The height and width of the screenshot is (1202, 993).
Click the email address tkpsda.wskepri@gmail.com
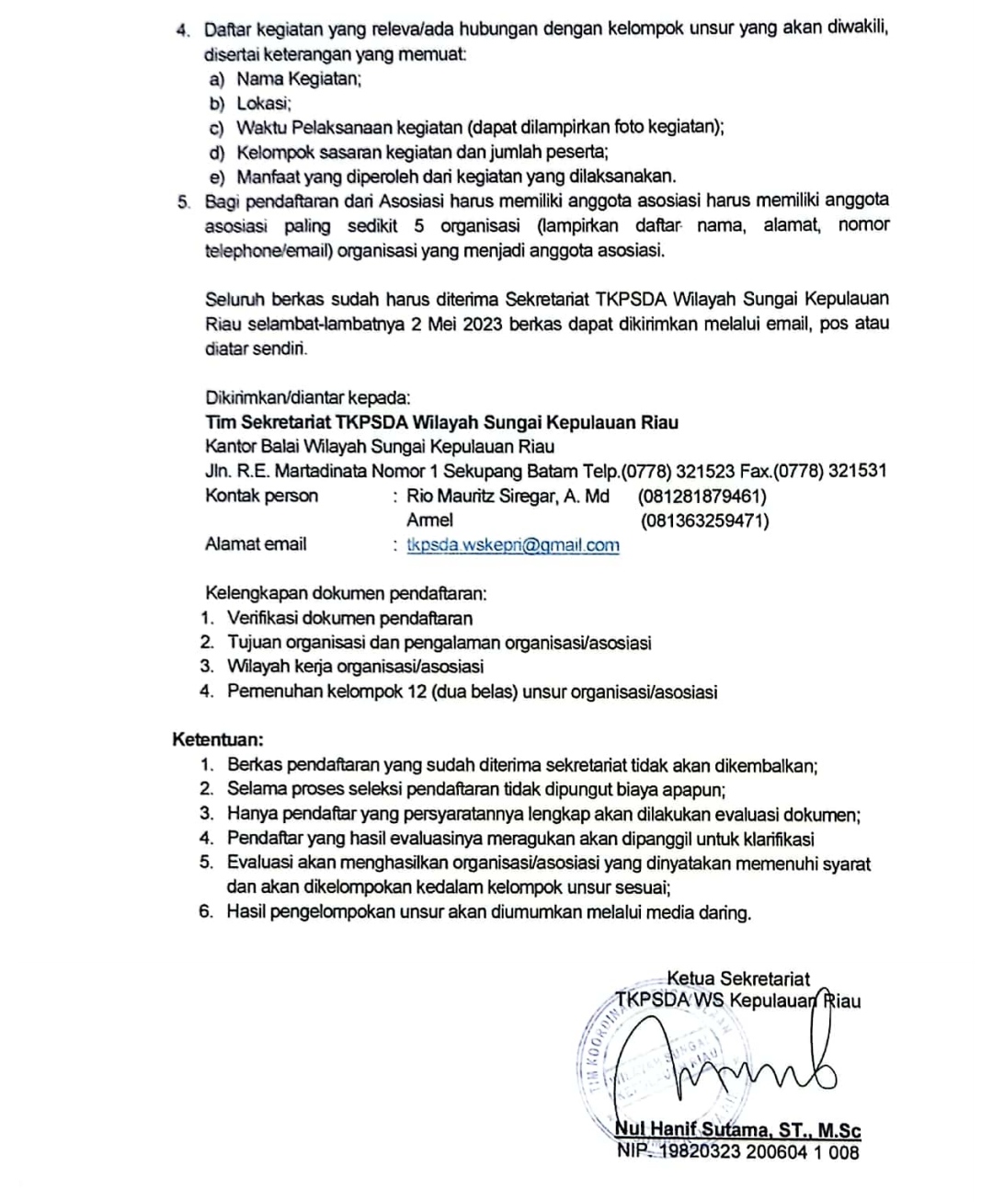click(x=513, y=545)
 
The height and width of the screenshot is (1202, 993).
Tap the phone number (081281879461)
click(x=702, y=497)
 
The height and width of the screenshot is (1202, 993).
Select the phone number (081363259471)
click(x=705, y=521)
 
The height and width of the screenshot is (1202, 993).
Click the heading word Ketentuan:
click(x=218, y=739)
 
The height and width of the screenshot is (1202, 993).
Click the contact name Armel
click(x=429, y=521)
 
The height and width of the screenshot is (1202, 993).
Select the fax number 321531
click(x=857, y=472)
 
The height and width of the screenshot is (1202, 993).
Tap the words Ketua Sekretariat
click(x=738, y=979)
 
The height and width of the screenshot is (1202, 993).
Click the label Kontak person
click(x=261, y=497)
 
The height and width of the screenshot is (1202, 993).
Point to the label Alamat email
click(x=256, y=544)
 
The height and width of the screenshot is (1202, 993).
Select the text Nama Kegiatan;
click(x=299, y=79)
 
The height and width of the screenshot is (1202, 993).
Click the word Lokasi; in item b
click(x=264, y=104)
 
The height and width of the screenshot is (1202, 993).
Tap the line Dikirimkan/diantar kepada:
click(x=307, y=398)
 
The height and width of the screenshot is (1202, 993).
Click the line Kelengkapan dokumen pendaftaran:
click(x=346, y=593)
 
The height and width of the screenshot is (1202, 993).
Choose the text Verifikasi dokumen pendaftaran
click(x=349, y=618)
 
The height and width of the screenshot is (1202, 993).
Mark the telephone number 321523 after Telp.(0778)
click(x=705, y=472)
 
